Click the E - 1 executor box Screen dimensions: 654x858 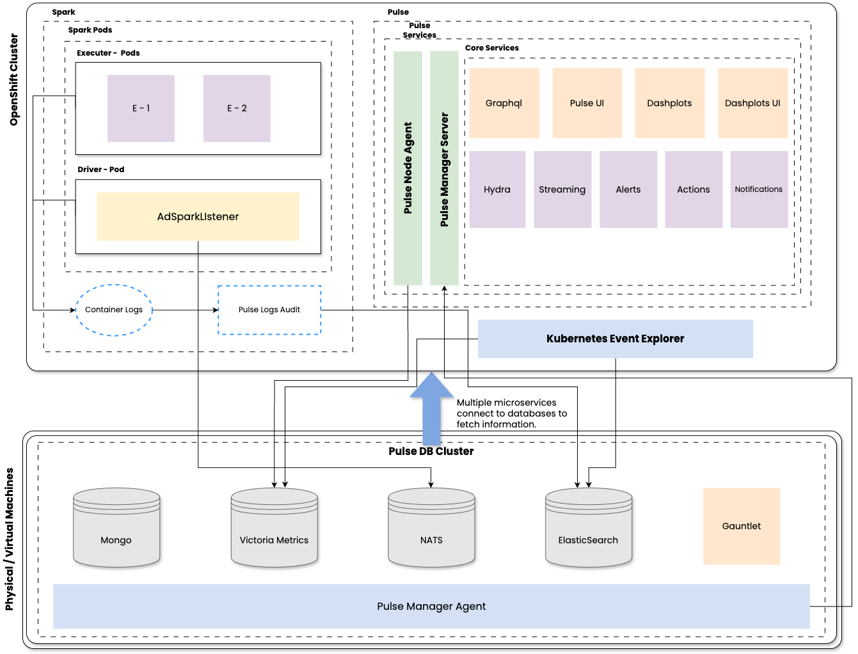[141, 108]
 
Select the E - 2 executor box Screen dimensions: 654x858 [237, 108]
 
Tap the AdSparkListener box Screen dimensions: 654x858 [198, 216]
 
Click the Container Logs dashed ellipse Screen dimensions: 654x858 [114, 310]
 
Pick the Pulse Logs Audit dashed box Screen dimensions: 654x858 [269, 310]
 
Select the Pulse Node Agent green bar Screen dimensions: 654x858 [408, 168]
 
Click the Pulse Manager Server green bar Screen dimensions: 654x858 [444, 168]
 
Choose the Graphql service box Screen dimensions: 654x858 [504, 103]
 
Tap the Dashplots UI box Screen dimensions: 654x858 [752, 103]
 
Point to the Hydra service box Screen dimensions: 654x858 [497, 189]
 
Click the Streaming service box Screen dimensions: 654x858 [562, 189]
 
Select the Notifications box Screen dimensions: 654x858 [759, 189]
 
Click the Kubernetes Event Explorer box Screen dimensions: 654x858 [615, 339]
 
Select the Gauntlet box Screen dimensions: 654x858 [742, 526]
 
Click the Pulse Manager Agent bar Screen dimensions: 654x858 [431, 606]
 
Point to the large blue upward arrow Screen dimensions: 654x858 [431, 410]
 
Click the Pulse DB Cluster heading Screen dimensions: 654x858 [431, 451]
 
